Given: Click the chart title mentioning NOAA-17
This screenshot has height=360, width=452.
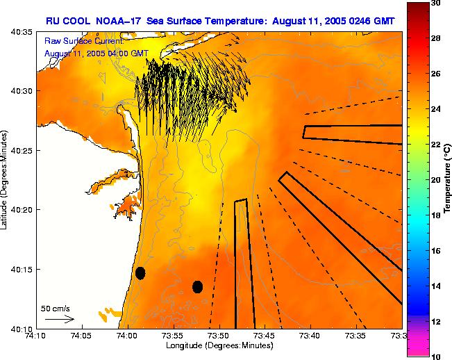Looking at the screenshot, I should (x=220, y=20).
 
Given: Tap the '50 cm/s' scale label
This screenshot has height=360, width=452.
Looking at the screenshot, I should (x=56, y=308).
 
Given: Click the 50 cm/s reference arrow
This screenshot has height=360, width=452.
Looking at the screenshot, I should (x=60, y=319).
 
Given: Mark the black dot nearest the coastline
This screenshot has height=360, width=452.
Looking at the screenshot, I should (x=140, y=273).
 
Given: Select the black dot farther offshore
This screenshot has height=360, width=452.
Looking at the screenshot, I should (x=197, y=286).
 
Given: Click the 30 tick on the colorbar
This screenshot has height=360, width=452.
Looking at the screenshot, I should (x=436, y=3).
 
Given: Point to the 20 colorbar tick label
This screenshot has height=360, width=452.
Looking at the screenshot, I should (x=436, y=180).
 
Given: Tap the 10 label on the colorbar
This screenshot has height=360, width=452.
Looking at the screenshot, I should (x=436, y=356).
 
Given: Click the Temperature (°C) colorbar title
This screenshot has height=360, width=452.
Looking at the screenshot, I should (x=449, y=181).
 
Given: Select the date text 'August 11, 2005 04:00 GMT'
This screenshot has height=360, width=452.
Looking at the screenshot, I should (x=96, y=53).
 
